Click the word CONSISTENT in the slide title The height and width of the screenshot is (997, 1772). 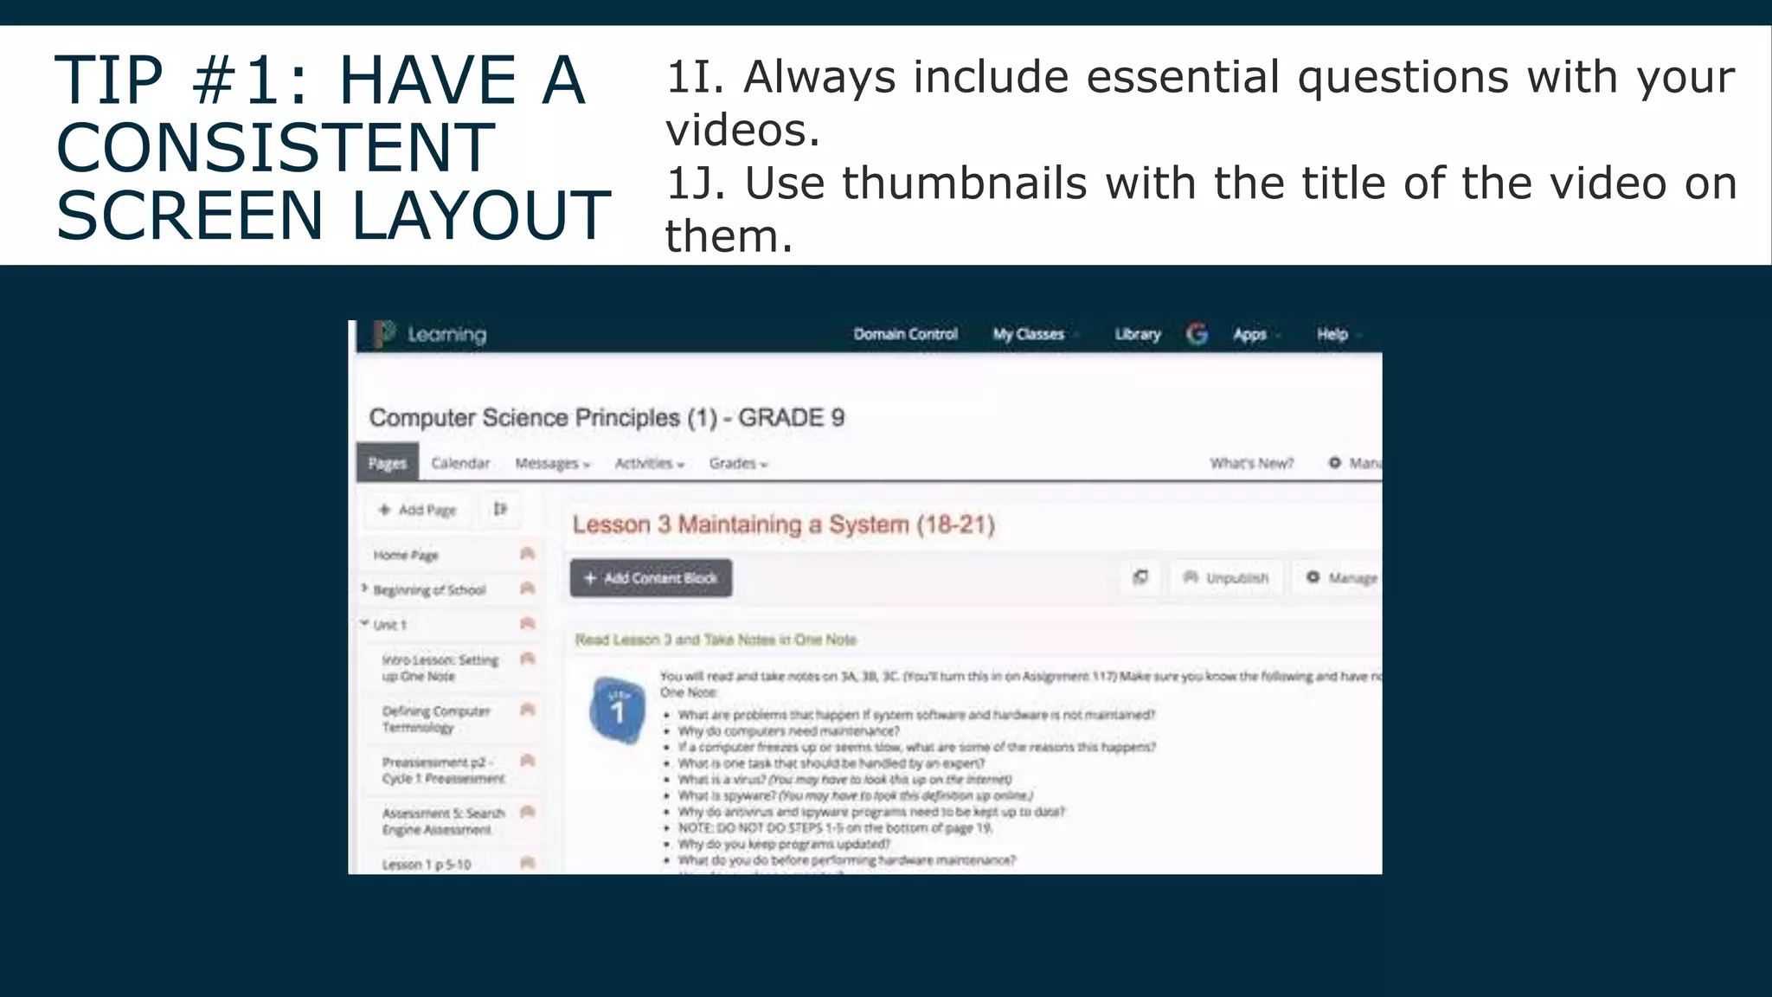pyautogui.click(x=275, y=147)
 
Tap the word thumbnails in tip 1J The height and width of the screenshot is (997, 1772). pyautogui.click(x=964, y=183)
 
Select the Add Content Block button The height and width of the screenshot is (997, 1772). pyautogui.click(x=651, y=578)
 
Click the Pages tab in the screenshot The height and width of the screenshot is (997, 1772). pyautogui.click(x=387, y=463)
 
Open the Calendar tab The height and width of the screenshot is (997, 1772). pyautogui.click(x=460, y=463)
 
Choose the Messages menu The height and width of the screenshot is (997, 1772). pyautogui.click(x=552, y=464)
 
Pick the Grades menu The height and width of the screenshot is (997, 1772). pyautogui.click(x=737, y=464)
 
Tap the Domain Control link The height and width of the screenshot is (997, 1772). pyautogui.click(x=905, y=334)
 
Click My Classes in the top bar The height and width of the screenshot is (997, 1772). pyautogui.click(x=1029, y=334)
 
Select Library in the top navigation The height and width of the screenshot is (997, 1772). pyautogui.click(x=1137, y=334)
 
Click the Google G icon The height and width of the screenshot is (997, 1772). pyautogui.click(x=1197, y=334)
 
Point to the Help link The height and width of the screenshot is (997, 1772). pyautogui.click(x=1332, y=334)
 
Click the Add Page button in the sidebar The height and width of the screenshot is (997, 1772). pyautogui.click(x=418, y=510)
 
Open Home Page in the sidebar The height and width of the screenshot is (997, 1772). pyautogui.click(x=406, y=555)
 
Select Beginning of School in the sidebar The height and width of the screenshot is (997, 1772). pyautogui.click(x=429, y=590)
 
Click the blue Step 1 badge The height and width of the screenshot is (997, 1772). pyautogui.click(x=617, y=710)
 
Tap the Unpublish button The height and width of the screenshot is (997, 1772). pyautogui.click(x=1226, y=577)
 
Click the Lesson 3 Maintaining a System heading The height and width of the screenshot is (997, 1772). pyautogui.click(x=783, y=524)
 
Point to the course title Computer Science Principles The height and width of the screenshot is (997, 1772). pyautogui.click(x=606, y=418)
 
